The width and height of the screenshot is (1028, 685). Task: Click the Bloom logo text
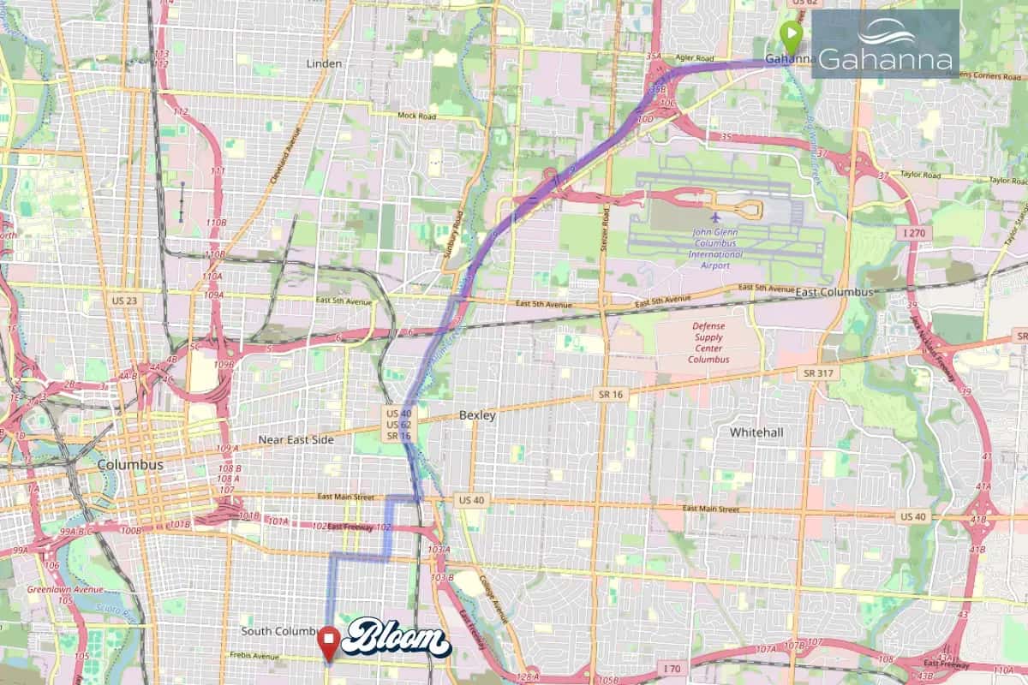click(x=397, y=639)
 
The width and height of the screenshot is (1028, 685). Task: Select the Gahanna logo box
click(x=885, y=44)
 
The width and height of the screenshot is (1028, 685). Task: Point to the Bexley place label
click(x=477, y=415)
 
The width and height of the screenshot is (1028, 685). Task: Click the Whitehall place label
click(x=756, y=432)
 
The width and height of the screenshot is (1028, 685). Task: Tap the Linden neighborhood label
click(x=324, y=63)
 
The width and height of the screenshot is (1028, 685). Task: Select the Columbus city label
click(x=129, y=464)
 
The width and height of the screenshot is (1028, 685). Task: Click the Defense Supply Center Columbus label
click(x=708, y=342)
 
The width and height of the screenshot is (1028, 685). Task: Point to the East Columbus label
click(x=834, y=292)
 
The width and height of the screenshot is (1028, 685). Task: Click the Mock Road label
click(x=417, y=116)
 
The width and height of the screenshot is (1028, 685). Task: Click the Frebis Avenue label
click(x=254, y=657)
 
